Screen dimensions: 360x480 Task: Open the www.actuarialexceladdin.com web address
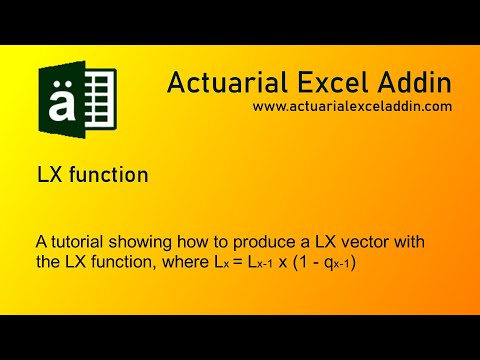tap(352, 105)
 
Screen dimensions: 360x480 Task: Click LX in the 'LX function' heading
tap(48, 175)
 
